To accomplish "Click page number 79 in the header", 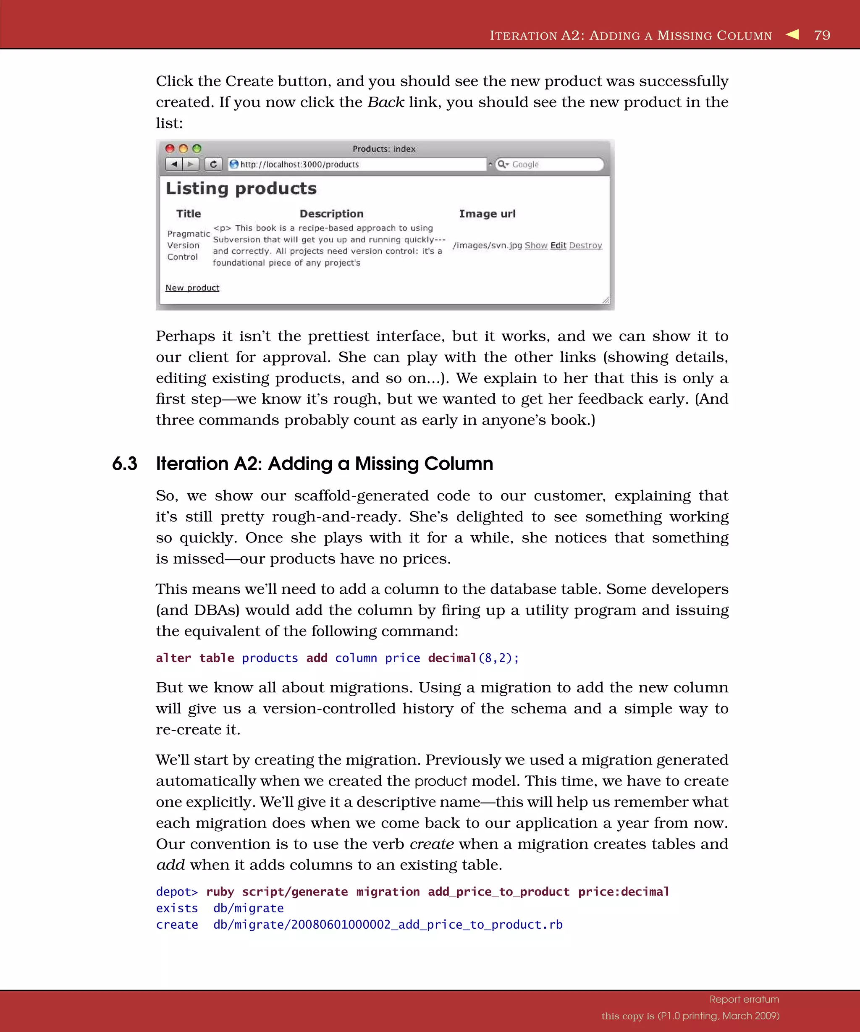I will pyautogui.click(x=822, y=35).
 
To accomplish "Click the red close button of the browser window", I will pyautogui.click(x=170, y=148).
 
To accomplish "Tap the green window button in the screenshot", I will pyautogui.click(x=197, y=148).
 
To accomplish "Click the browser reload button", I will pyautogui.click(x=213, y=164).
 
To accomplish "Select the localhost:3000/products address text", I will pyautogui.click(x=299, y=165).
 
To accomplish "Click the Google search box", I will pyautogui.click(x=551, y=165).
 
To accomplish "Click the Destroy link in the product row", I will pyautogui.click(x=585, y=245).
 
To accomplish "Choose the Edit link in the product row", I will pyautogui.click(x=558, y=245).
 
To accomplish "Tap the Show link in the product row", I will pyautogui.click(x=536, y=245).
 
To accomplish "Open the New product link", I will pyautogui.click(x=192, y=288).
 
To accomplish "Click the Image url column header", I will pyautogui.click(x=487, y=214).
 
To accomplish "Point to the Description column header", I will pyautogui.click(x=332, y=214).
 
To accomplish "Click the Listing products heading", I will pyautogui.click(x=241, y=189).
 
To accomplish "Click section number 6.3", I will pyautogui.click(x=124, y=464).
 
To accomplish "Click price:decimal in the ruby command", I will pyautogui.click(x=623, y=891).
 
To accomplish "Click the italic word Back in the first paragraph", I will pyautogui.click(x=386, y=102).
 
